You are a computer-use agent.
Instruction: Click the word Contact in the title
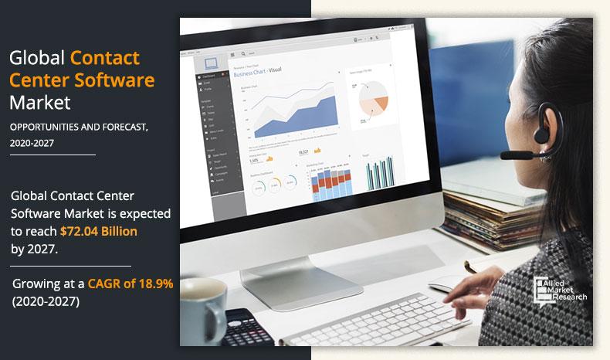click(105, 57)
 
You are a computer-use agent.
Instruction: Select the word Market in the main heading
click(40, 101)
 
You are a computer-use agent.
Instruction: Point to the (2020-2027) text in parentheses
click(46, 301)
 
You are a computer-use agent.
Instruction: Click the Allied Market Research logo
click(561, 287)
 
